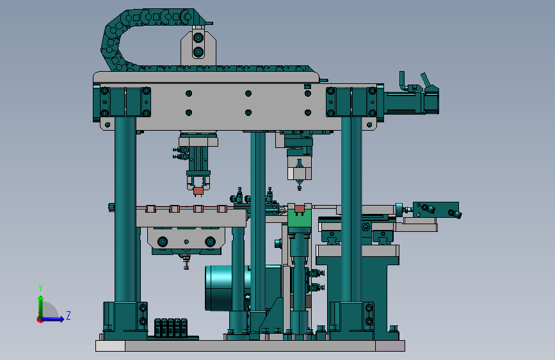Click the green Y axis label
(40, 288)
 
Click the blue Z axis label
(68, 315)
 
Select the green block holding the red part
(299, 218)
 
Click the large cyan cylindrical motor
(219, 288)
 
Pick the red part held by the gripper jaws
(198, 192)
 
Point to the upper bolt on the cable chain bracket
(198, 38)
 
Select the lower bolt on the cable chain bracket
(198, 52)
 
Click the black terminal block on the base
(171, 328)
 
